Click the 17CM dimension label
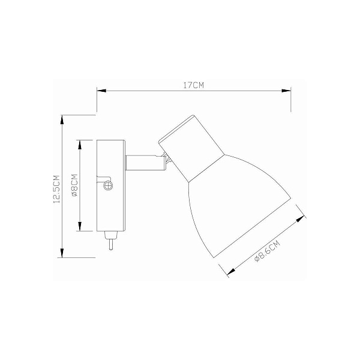[193, 85]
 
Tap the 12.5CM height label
[56, 189]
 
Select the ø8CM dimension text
[74, 185]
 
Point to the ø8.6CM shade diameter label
[268, 251]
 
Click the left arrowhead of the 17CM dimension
[101, 91]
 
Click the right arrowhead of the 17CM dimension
[286, 91]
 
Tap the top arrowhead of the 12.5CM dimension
[62, 119]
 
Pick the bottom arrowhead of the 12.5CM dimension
[62, 253]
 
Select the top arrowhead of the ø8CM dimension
[80, 145]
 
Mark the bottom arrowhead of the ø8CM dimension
[80, 226]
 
